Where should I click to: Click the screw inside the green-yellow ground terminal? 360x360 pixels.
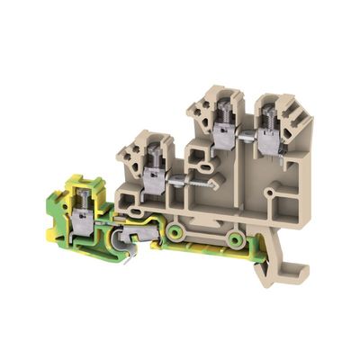pyautogui.click(x=84, y=198)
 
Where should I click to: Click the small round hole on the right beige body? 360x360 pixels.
pyautogui.click(x=268, y=193)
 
